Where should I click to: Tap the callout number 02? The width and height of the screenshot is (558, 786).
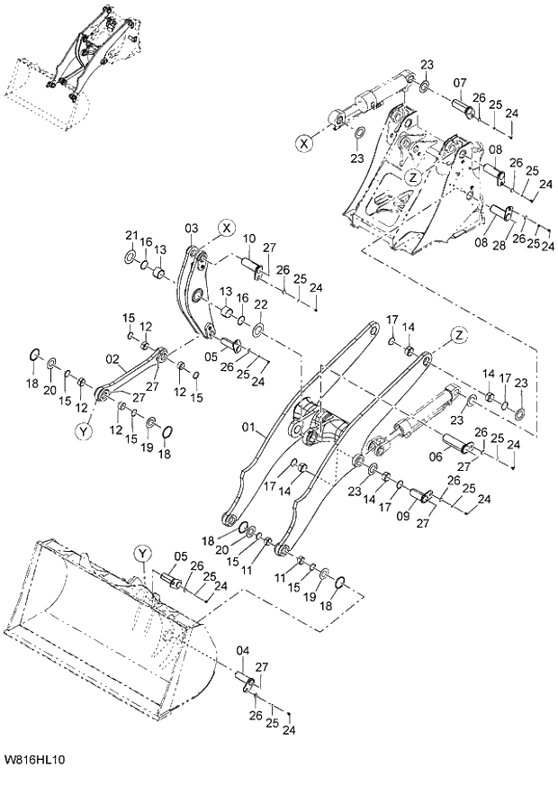[112, 359]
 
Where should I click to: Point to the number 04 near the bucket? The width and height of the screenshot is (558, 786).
[242, 651]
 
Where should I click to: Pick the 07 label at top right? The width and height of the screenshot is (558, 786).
[459, 84]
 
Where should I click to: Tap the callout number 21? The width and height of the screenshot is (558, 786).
[131, 235]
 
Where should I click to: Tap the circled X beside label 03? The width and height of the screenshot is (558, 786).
[225, 226]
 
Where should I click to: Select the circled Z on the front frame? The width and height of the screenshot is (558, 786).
[411, 178]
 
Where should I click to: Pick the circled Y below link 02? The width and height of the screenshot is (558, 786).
[84, 431]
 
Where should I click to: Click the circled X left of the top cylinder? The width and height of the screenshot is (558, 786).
[307, 142]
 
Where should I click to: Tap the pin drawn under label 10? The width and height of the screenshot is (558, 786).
[251, 265]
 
